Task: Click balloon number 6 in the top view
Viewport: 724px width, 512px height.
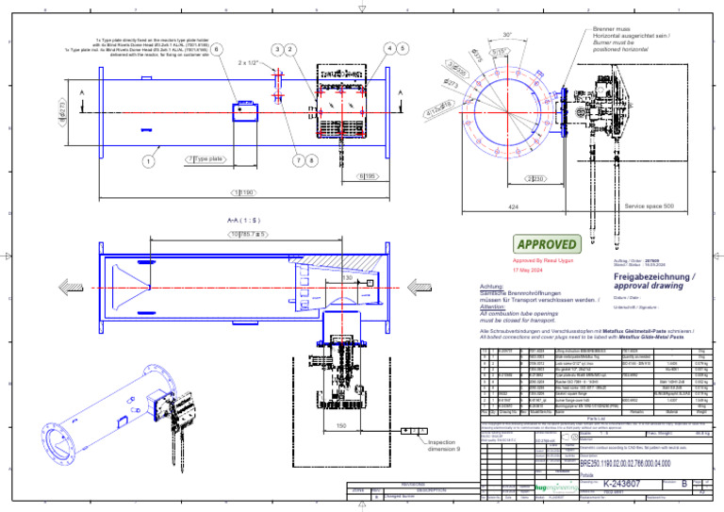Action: (x=217, y=48)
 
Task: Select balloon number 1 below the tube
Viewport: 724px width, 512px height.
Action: (x=149, y=160)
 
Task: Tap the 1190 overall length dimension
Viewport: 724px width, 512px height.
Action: (x=243, y=192)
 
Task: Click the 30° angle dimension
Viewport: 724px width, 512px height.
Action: (x=507, y=35)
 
